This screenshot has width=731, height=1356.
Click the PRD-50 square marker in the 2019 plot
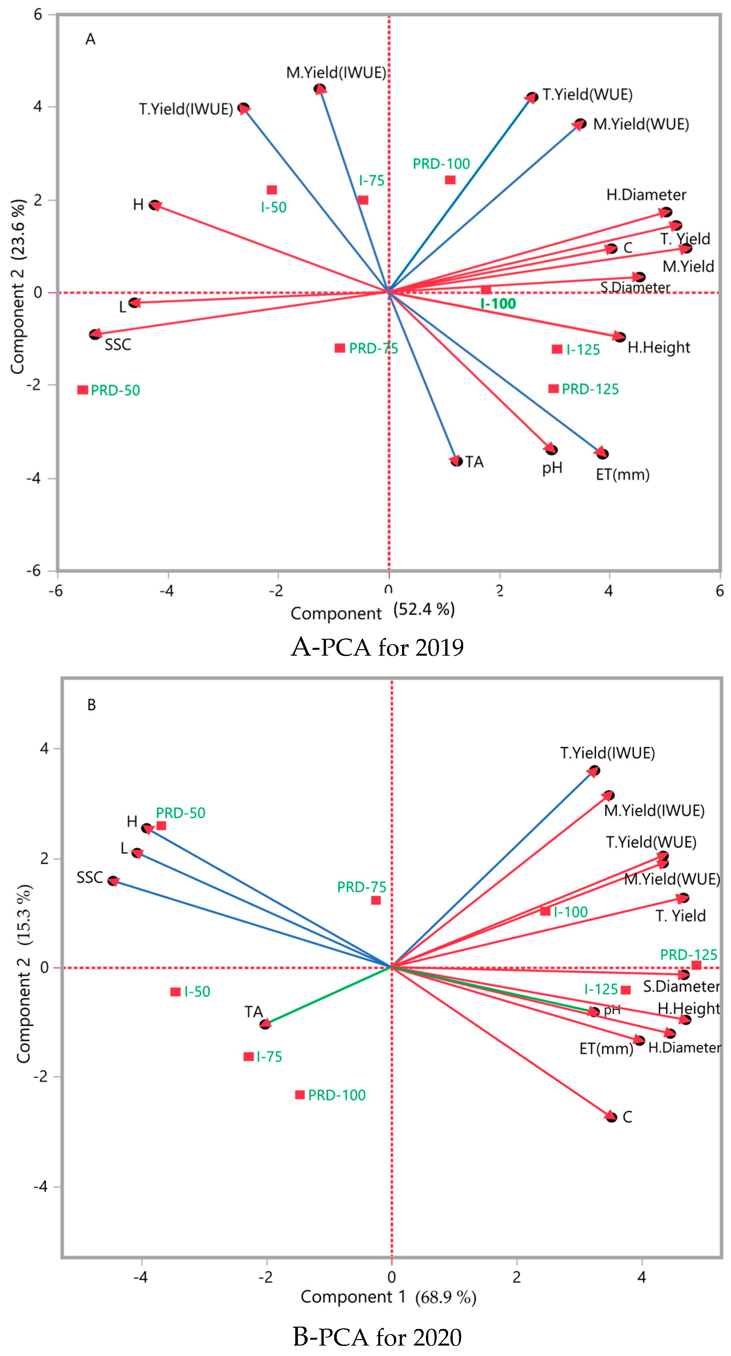83,390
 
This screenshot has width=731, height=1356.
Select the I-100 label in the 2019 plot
498,304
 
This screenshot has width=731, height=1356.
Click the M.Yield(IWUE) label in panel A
336,73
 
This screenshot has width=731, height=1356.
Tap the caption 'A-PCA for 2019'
377,647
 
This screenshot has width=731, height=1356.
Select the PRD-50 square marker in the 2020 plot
161,825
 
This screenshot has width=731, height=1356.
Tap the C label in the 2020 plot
627,1117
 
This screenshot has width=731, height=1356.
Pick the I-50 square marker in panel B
175,992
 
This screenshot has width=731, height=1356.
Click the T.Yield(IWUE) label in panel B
607,753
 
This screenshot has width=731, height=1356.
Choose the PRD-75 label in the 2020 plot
362,887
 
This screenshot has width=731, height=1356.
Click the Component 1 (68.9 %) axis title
388,1297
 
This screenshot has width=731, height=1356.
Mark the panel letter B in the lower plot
92,705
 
